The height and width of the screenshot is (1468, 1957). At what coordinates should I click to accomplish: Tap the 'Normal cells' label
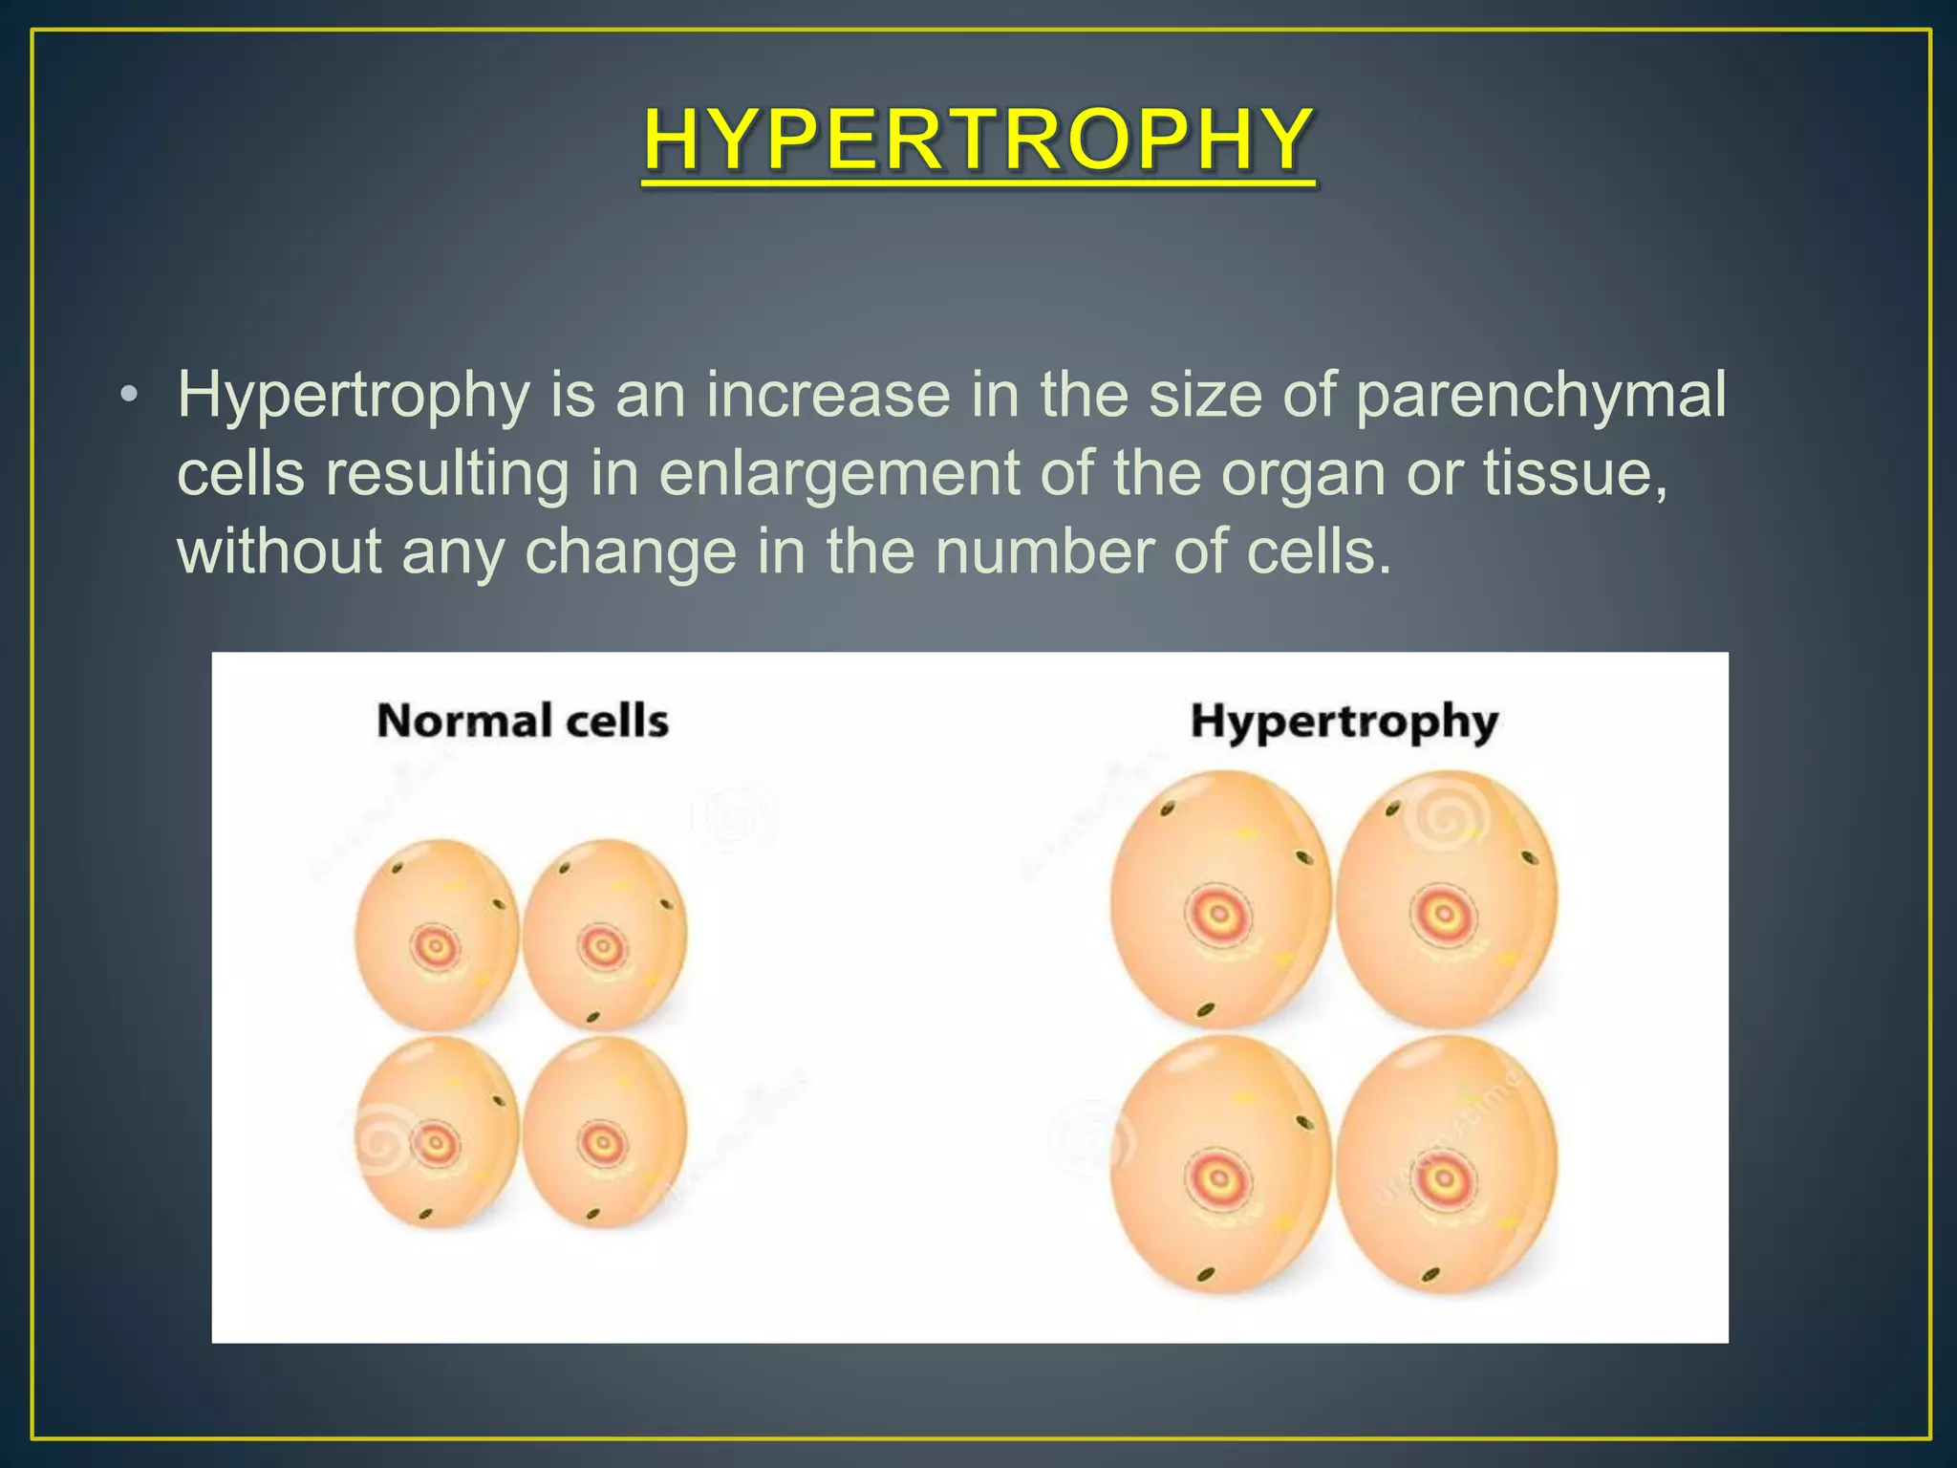(523, 721)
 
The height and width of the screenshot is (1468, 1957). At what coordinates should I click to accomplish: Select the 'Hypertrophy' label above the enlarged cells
(1344, 723)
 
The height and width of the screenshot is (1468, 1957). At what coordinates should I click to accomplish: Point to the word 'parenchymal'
(1540, 397)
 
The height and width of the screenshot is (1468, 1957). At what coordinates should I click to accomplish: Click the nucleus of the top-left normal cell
(436, 948)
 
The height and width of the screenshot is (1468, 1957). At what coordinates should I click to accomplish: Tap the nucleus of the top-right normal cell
(602, 948)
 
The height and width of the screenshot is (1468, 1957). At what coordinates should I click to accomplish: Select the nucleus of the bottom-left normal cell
(436, 1142)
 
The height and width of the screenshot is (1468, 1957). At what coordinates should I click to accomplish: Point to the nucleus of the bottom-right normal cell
(602, 1142)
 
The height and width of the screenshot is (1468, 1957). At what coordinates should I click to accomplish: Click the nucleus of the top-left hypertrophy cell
(1218, 915)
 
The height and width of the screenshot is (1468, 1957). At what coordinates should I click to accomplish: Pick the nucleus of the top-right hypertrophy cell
(1443, 915)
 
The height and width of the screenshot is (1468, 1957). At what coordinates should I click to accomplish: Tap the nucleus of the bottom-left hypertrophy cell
(1218, 1177)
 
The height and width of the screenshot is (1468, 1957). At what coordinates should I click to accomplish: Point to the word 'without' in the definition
(279, 551)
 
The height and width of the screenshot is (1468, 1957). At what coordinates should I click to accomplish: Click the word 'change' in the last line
(631, 553)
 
